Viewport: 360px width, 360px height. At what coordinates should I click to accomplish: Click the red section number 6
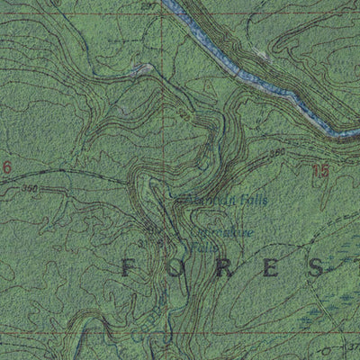point(6,166)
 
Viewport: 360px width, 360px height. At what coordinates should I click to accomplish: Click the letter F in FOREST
point(127,265)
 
